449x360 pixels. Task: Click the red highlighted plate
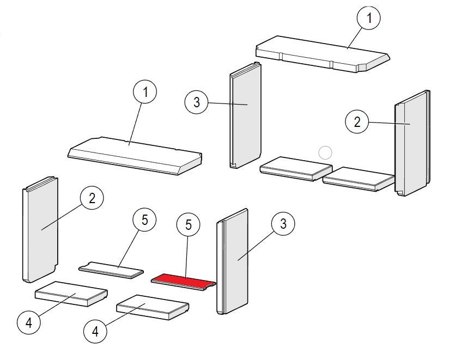(x=184, y=280)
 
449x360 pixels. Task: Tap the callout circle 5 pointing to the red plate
(x=188, y=225)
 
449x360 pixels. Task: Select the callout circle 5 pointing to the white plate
(x=144, y=220)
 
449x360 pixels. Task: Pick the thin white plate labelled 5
(x=112, y=269)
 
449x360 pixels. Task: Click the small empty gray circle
(x=325, y=153)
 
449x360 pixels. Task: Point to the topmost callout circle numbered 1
(x=369, y=19)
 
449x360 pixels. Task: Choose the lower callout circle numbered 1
(x=145, y=93)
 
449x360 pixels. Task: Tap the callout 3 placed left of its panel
(x=196, y=101)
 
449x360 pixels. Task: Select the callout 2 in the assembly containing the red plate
(x=92, y=198)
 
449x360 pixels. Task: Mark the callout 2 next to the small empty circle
(x=357, y=122)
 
